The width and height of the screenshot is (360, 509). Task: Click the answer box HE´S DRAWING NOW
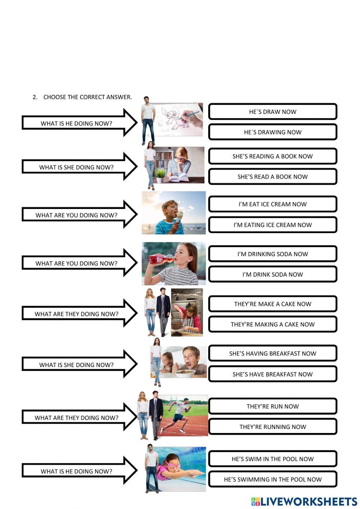click(x=273, y=132)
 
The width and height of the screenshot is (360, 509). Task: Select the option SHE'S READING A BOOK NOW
click(x=273, y=156)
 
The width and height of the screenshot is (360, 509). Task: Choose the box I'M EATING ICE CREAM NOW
click(x=273, y=225)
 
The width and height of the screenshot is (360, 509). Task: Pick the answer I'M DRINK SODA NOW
click(x=273, y=274)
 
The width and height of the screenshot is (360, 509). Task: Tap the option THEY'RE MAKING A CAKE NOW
click(x=273, y=324)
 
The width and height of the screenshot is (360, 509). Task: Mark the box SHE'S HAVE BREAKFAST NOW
click(x=273, y=374)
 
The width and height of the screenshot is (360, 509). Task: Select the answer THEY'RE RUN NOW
click(x=273, y=406)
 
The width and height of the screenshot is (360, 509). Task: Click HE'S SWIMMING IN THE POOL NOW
click(x=273, y=479)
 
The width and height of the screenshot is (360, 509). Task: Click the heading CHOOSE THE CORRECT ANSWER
click(x=87, y=97)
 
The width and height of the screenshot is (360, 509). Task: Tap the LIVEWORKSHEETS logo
click(x=304, y=502)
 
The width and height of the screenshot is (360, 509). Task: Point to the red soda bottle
click(x=160, y=259)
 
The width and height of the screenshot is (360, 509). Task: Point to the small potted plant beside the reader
click(x=160, y=175)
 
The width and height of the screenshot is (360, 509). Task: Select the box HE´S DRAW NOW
click(x=273, y=112)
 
